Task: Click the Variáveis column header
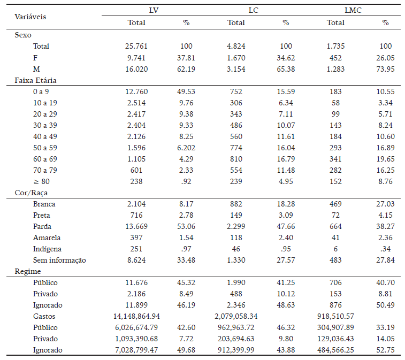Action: pyautogui.click(x=30, y=16)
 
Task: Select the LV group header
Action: pyautogui.click(x=154, y=10)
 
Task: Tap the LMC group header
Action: pyautogui.click(x=351, y=10)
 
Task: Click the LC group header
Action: pyautogui.click(x=254, y=10)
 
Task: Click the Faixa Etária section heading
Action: pyautogui.click(x=35, y=80)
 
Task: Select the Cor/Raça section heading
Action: pyautogui.click(x=31, y=193)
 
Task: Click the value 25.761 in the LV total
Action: pyautogui.click(x=136, y=46)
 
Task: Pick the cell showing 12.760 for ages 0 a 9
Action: pyautogui.click(x=136, y=92)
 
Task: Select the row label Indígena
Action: pyautogui.click(x=47, y=249)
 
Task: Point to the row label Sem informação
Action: pyautogui.click(x=59, y=260)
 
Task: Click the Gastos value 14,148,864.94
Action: pyautogui.click(x=136, y=316)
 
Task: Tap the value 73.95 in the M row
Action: pyautogui.click(x=385, y=69)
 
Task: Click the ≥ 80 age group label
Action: pyautogui.click(x=40, y=181)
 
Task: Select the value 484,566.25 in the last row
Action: pyautogui.click(x=336, y=350)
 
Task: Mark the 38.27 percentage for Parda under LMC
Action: pyautogui.click(x=385, y=226)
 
